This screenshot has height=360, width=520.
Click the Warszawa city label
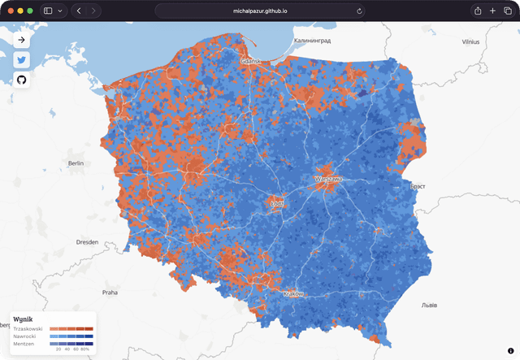point(329,178)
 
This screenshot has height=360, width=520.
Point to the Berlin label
point(76,163)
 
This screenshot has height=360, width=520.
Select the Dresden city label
point(87,242)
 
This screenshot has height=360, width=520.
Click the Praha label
point(110,292)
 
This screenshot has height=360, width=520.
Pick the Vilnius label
point(470,41)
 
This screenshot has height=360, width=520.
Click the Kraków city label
point(292,293)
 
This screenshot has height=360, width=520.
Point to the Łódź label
point(276,203)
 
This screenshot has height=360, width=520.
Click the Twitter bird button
point(22,59)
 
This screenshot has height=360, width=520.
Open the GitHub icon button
point(22,80)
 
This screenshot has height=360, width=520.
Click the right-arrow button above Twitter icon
point(22,39)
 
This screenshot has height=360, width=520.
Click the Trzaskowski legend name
point(28,328)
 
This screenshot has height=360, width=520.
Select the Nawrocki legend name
point(25,336)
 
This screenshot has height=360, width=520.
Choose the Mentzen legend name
point(24,344)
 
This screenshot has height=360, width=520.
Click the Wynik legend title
point(23,319)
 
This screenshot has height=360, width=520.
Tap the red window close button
point(11,11)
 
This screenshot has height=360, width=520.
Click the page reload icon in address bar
point(359,11)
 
